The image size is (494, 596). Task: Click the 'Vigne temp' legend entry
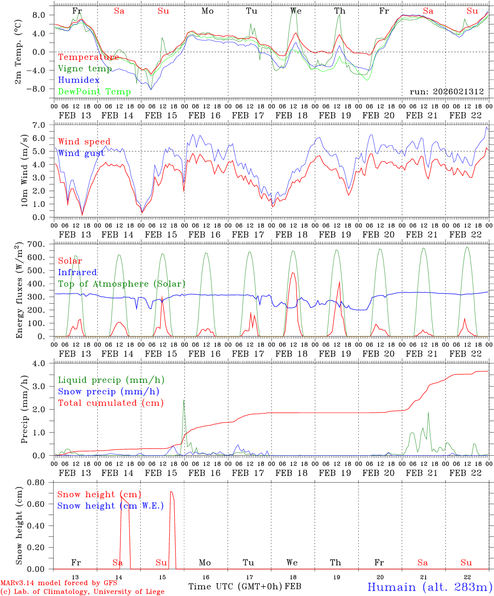point(85,69)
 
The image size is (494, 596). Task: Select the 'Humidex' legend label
point(79,80)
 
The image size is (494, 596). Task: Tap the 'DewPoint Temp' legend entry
point(94,92)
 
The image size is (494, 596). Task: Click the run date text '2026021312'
point(459,92)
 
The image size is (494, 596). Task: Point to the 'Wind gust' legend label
point(81,153)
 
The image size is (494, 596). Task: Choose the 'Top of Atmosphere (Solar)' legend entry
point(122,284)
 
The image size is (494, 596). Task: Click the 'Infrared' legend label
point(77,272)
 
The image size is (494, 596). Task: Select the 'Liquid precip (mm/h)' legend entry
point(111,380)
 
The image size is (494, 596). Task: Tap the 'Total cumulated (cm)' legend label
point(111,403)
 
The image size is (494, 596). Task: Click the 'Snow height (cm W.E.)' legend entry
point(110,506)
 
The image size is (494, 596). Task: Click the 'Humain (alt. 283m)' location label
point(430,587)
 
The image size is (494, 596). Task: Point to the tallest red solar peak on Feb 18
point(293,273)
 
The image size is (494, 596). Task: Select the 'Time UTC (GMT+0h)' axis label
point(235,586)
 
